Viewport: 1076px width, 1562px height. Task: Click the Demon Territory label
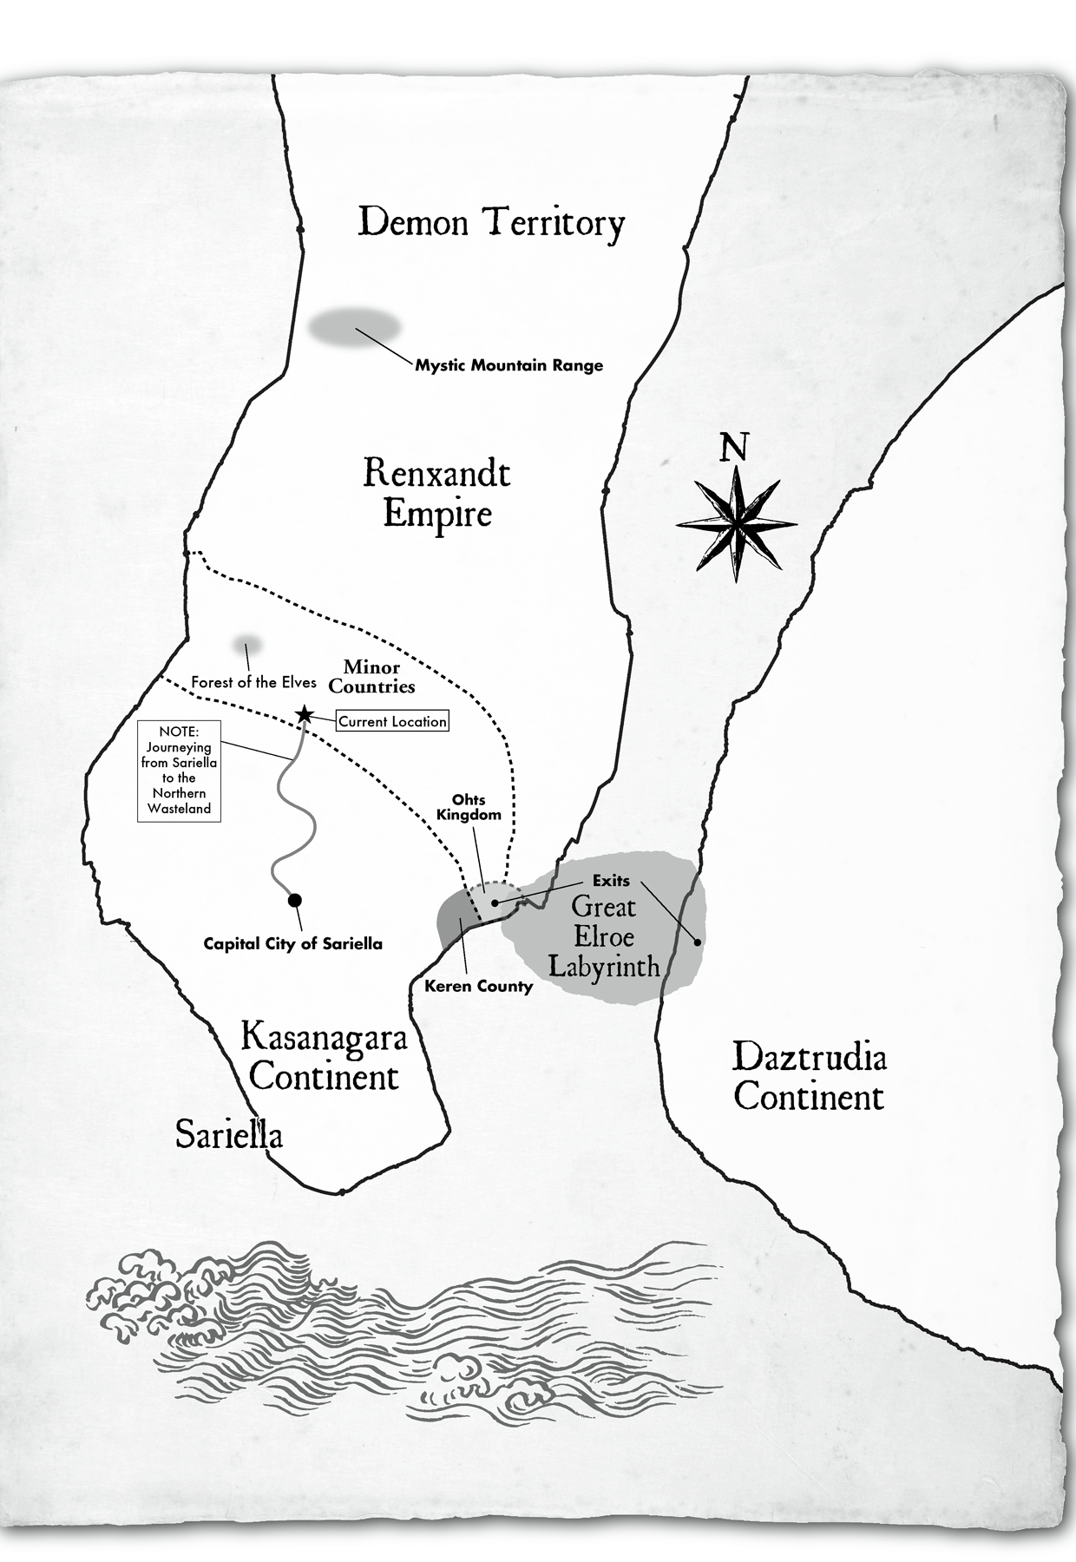[x=491, y=223]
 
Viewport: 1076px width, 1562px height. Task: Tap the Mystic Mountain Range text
[x=508, y=365]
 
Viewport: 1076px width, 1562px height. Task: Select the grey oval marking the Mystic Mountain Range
[x=354, y=327]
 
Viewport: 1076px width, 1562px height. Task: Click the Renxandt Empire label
[x=436, y=493]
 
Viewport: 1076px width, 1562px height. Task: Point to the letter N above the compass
[x=734, y=448]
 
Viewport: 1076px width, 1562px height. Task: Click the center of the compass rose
[x=736, y=524]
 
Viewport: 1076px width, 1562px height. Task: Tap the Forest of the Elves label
[x=253, y=682]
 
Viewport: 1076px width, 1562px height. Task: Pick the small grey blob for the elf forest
[x=247, y=646]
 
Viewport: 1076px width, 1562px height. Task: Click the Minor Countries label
[x=371, y=677]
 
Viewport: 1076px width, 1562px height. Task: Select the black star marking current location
[x=305, y=714]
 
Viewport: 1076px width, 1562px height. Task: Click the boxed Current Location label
[x=392, y=721]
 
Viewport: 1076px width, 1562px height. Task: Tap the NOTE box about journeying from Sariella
[x=179, y=771]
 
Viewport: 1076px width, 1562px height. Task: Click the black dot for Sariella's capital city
[x=295, y=900]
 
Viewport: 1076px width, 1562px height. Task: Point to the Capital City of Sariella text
[x=292, y=943]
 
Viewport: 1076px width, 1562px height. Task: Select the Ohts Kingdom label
[x=469, y=807]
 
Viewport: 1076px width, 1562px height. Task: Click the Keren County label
[x=478, y=986]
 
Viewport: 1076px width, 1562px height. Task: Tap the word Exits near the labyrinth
[x=611, y=881]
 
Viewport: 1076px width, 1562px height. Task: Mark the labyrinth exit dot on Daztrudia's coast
[x=698, y=942]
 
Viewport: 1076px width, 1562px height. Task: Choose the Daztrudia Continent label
[x=809, y=1077]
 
